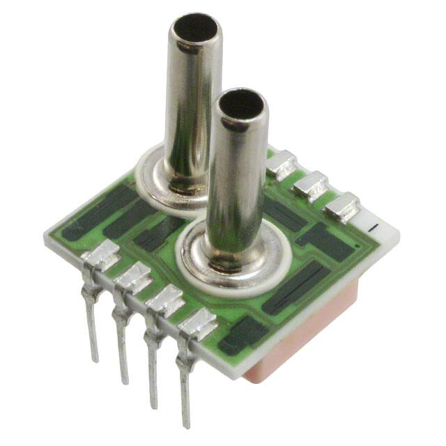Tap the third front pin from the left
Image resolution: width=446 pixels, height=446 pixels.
point(153,369)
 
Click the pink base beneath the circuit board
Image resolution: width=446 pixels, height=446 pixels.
point(300,341)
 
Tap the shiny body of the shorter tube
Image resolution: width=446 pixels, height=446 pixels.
point(237,181)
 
